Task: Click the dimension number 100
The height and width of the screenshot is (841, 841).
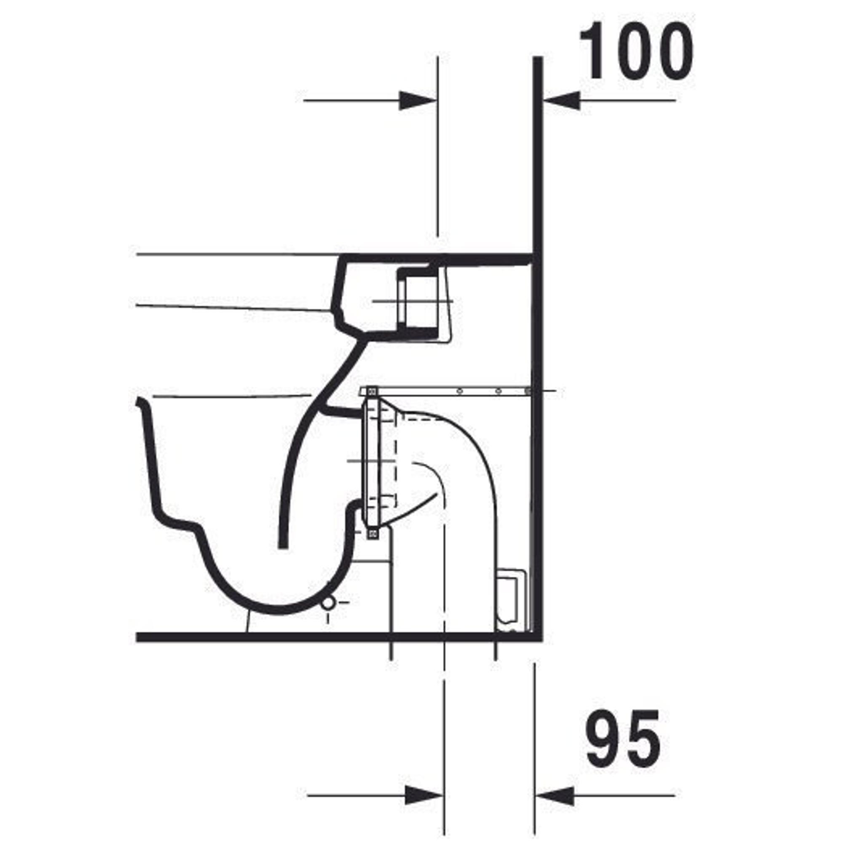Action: [x=636, y=51]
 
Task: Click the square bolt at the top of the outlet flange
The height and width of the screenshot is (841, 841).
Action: [x=372, y=391]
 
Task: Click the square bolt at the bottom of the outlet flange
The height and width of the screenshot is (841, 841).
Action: [x=372, y=534]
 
